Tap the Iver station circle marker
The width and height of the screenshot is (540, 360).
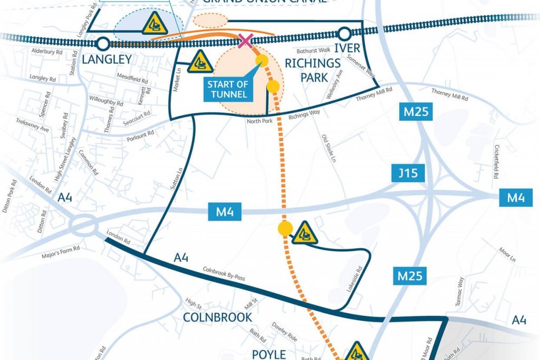click(344, 35)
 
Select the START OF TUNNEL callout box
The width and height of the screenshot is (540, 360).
click(227, 90)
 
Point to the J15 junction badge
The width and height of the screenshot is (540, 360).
click(408, 173)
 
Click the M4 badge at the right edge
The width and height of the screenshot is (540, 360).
click(515, 198)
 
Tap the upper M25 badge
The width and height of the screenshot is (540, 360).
click(416, 112)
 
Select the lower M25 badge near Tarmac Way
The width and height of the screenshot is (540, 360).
click(410, 275)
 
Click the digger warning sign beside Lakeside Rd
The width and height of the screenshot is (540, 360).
click(305, 232)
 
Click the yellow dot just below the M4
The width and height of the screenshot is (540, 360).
click(285, 228)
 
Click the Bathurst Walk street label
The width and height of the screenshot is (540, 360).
click(313, 51)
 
